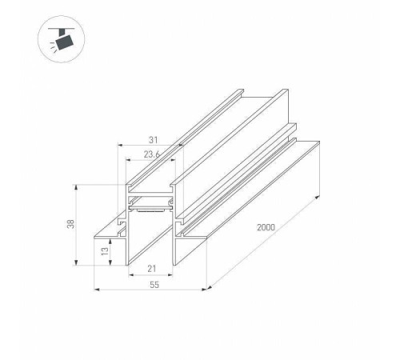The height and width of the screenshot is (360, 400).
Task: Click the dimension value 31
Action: pos(154,140)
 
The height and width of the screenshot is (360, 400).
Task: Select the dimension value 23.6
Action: pos(152,154)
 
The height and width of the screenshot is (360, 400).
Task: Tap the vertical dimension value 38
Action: pos(70,224)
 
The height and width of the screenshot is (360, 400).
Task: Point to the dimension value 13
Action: pos(105,251)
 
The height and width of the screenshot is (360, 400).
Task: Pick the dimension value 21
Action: pos(152,269)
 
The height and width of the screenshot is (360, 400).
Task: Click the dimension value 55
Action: pos(154,285)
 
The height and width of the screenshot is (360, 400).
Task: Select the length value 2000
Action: pos(266,227)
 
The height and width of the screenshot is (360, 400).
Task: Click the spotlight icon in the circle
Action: pos(62,39)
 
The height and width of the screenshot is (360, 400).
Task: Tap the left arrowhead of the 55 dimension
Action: pos(97,289)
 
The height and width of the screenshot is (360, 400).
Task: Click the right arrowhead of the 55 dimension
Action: pos(204,289)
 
